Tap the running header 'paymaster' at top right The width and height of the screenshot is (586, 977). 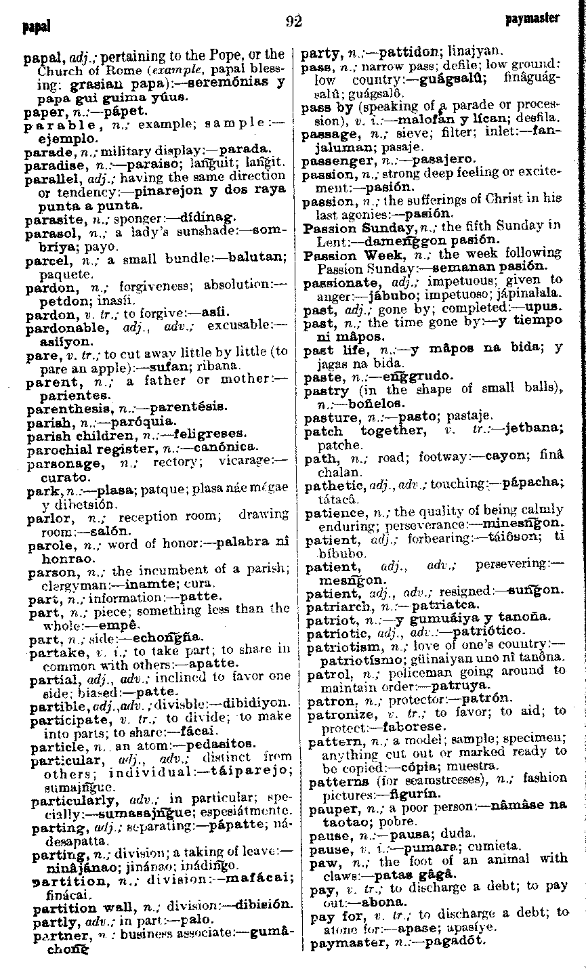pyautogui.click(x=532, y=18)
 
